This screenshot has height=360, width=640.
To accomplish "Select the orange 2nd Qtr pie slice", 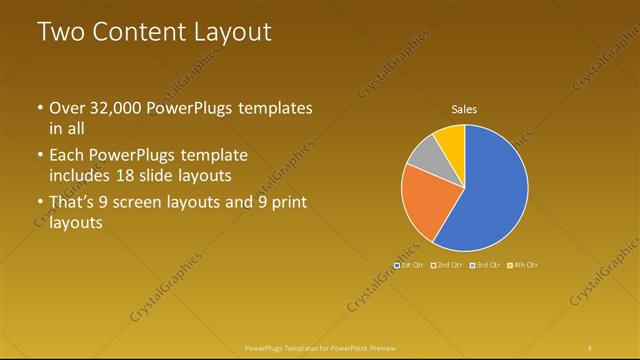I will click(x=424, y=200).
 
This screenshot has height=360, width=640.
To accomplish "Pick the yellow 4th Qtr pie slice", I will click(x=452, y=140).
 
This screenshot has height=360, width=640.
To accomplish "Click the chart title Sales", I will click(x=464, y=109).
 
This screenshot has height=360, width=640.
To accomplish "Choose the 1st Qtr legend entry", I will click(x=408, y=265).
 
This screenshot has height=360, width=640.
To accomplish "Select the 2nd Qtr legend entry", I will click(x=447, y=265).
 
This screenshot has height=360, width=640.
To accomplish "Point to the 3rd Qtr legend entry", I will click(x=485, y=265).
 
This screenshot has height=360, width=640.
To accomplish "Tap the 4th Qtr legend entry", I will click(x=524, y=265).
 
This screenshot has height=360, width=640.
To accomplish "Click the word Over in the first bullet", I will click(x=69, y=108).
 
